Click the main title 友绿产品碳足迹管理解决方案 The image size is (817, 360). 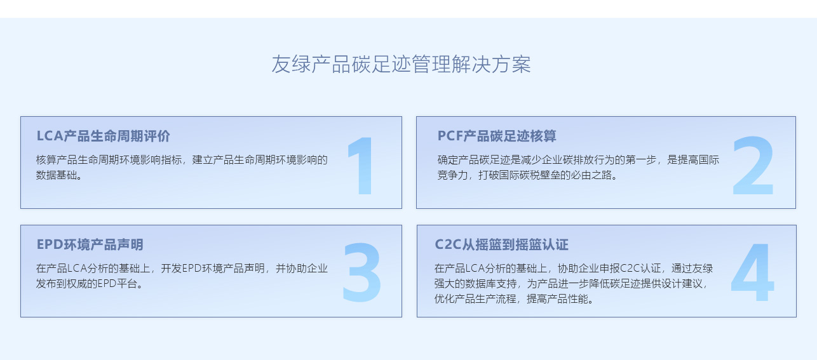tap(401, 65)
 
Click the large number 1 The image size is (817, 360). tap(361, 166)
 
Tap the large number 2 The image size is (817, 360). tap(753, 166)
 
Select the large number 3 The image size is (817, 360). tap(362, 272)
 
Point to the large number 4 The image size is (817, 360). tap(752, 272)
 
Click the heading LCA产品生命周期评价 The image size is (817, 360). tap(103, 136)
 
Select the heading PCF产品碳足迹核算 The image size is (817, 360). tap(497, 136)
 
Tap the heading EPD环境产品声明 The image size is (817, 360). tap(90, 244)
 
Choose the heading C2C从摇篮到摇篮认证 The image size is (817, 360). tap(501, 244)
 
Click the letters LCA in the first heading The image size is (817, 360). tap(50, 136)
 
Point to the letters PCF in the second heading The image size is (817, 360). tap(450, 136)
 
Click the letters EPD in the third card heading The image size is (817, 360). tap(50, 244)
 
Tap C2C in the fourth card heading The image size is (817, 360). tap(449, 244)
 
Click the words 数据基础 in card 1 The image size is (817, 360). tap(57, 175)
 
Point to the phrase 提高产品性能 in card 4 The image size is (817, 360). tap(557, 299)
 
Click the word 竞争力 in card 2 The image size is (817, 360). tap(452, 175)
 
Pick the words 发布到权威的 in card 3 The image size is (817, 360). tap(66, 283)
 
